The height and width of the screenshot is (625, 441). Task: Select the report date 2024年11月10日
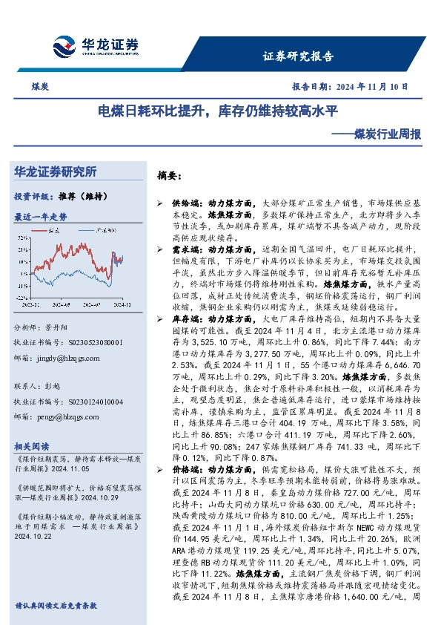tap(377, 87)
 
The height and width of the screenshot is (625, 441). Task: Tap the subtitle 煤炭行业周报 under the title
tap(385, 135)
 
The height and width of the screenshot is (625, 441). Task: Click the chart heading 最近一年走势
tap(41, 217)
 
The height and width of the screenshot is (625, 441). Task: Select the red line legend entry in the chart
tap(53, 232)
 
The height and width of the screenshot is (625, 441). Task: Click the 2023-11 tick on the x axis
tap(32, 304)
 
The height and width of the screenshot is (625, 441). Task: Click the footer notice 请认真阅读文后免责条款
tap(56, 606)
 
